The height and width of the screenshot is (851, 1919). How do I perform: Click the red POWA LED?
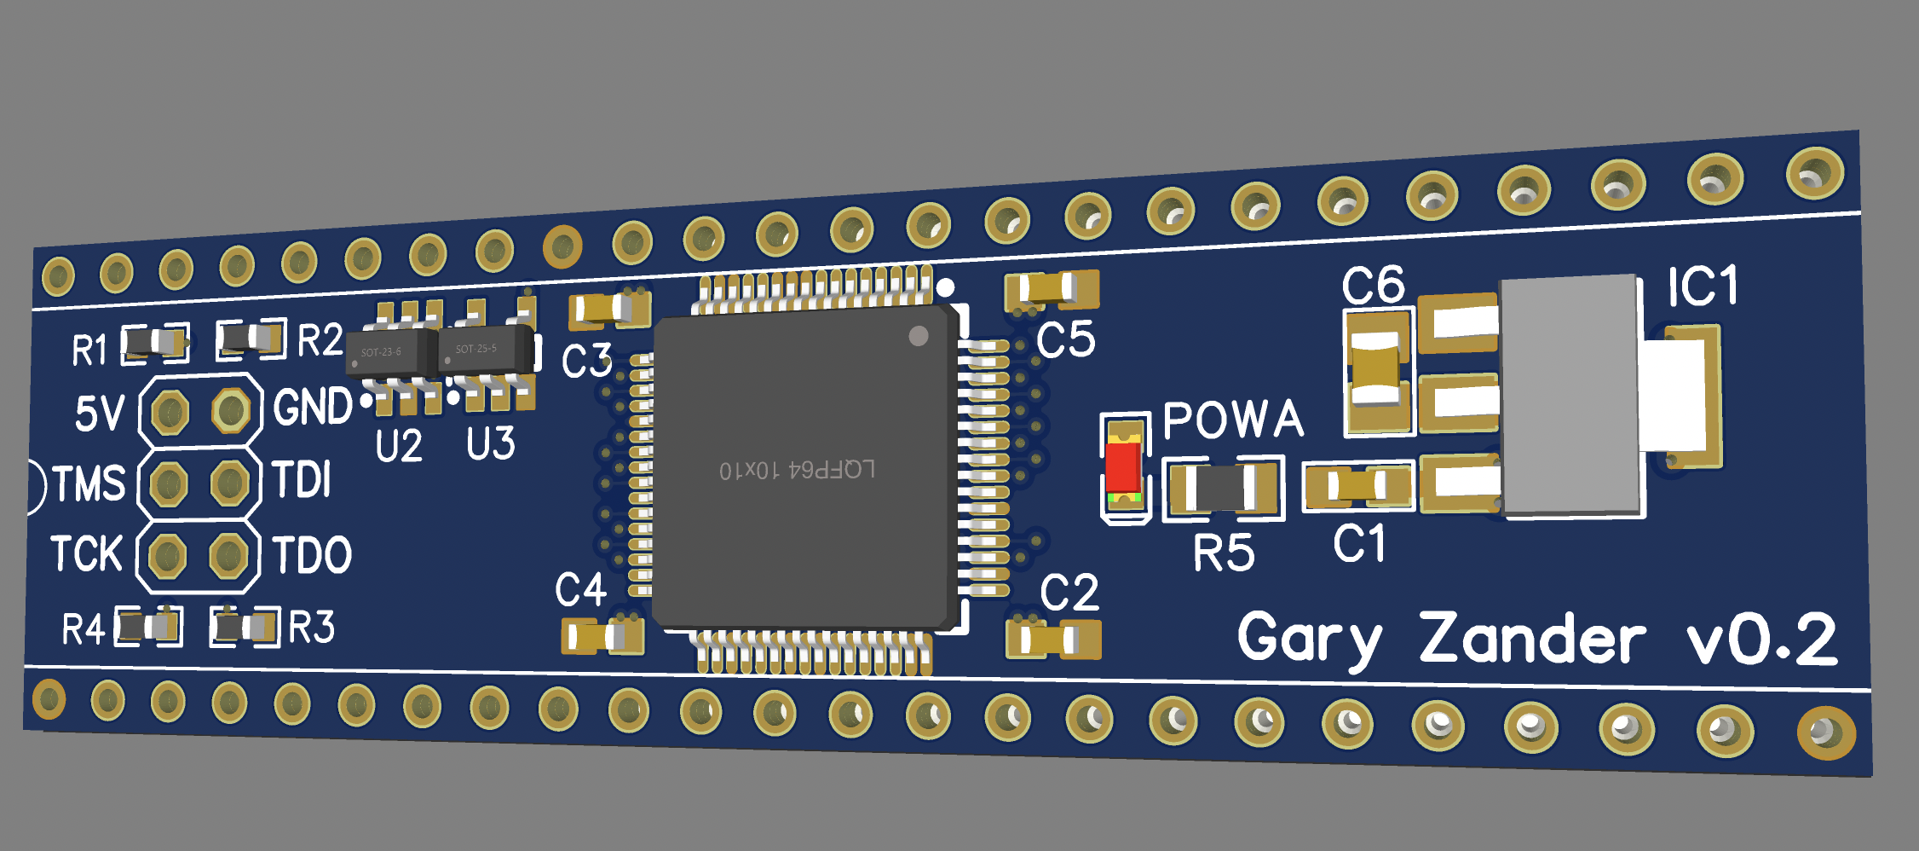[x=1123, y=467]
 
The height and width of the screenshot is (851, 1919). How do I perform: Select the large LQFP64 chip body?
[x=801, y=469]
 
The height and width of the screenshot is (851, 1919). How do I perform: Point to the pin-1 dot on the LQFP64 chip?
[x=918, y=336]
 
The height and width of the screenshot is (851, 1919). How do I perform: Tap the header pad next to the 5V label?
[x=170, y=413]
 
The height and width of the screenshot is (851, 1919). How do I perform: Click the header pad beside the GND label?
[x=230, y=411]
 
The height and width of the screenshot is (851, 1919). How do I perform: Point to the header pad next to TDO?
[x=228, y=556]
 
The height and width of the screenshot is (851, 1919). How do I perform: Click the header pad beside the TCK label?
[x=166, y=556]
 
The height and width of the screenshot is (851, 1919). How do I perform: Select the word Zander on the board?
[x=1531, y=640]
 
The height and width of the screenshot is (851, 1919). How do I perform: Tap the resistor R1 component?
[x=154, y=343]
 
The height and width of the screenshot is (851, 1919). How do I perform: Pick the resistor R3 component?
[x=245, y=628]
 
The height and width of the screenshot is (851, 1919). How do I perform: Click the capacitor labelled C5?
[x=1052, y=290]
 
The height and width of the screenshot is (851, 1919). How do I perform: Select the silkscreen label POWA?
[x=1233, y=420]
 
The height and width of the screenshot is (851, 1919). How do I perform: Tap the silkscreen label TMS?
[x=89, y=483]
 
